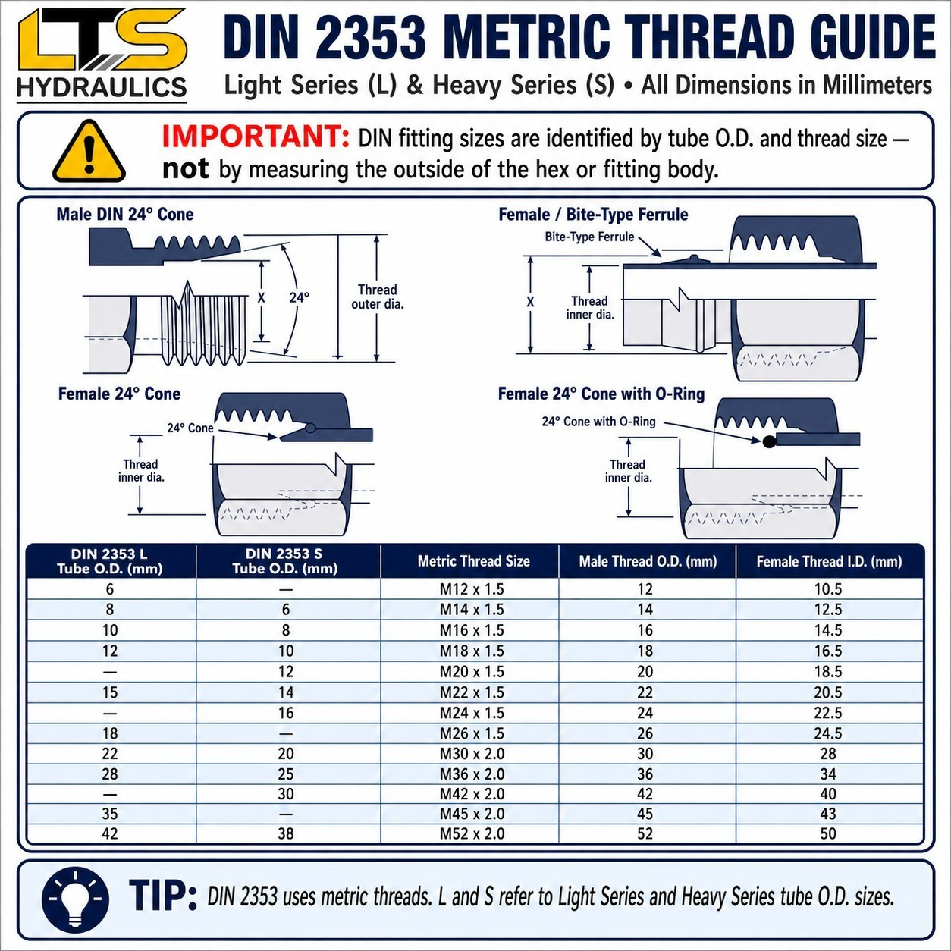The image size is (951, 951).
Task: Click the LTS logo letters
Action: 102,40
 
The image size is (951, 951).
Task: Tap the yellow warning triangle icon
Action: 89,152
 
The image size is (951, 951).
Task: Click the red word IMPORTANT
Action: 256,137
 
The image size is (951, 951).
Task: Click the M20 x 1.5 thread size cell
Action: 472,672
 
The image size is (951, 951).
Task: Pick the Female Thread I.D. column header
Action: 829,562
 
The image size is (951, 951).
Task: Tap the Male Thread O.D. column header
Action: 648,562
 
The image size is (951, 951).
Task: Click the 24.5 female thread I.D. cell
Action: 827,733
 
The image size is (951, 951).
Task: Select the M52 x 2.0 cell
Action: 472,833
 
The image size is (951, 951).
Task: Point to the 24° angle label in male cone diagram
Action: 299,297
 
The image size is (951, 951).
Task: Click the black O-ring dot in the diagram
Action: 769,441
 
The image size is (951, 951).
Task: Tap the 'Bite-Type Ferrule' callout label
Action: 589,237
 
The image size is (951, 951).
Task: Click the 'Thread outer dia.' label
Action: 378,297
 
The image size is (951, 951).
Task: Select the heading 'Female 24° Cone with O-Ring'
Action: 601,394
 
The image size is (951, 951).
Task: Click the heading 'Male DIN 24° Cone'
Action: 125,214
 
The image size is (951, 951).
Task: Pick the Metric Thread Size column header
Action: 474,561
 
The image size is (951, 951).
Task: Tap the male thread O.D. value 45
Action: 645,813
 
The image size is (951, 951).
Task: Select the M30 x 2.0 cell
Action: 472,754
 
